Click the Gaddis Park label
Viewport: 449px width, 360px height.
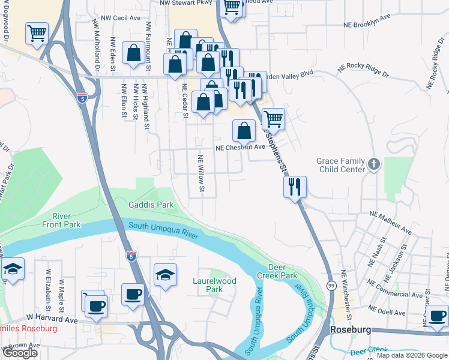pos(151,205)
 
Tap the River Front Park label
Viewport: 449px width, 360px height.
pos(61,220)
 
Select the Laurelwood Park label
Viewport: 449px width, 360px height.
pos(214,285)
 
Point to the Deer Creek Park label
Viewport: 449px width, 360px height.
pos(283,271)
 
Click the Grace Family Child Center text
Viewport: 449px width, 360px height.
pos(340,165)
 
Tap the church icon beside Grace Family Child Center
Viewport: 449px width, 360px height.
pos(373,164)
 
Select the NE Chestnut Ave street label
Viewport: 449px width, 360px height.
pos(240,147)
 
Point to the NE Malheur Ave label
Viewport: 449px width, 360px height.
pos(390,221)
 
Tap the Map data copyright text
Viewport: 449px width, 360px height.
pos(412,355)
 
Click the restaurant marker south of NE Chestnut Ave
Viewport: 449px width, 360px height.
pos(295,187)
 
